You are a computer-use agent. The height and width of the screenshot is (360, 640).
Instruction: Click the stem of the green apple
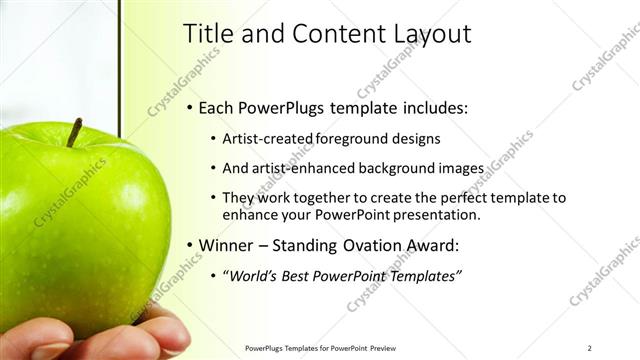tap(74, 131)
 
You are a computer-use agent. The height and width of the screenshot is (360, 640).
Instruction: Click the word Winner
tap(227, 245)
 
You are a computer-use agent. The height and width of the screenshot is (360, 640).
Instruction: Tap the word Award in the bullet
tap(443, 245)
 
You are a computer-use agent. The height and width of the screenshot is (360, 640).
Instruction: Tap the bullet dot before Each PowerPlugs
tap(189, 108)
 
